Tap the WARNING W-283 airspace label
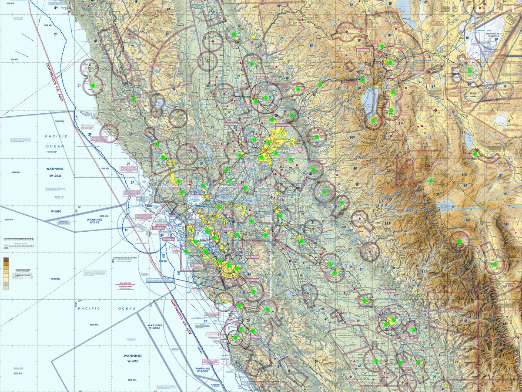(x=132, y=358)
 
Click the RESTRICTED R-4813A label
(x=493, y=35)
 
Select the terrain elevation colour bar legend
(x=5, y=273)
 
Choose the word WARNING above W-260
(x=55, y=169)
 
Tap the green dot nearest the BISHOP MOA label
(x=495, y=264)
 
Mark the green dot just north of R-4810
(x=470, y=70)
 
